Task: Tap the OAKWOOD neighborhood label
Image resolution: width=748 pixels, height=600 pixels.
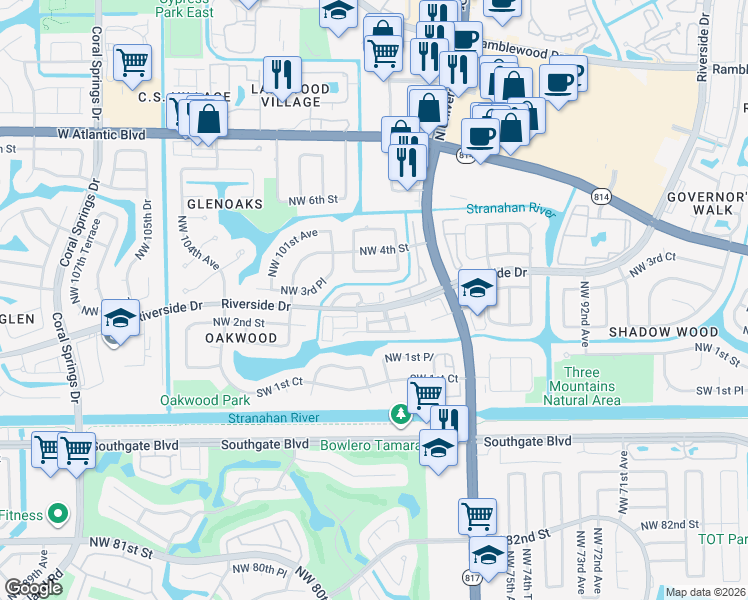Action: (241, 339)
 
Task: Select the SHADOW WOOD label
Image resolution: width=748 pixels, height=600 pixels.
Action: (663, 332)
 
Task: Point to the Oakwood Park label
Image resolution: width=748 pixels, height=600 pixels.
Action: (204, 400)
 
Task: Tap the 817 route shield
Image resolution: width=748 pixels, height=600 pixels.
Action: (473, 577)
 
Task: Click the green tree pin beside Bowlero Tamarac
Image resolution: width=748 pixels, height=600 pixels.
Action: (399, 414)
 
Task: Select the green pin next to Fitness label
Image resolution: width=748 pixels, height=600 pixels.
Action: (58, 515)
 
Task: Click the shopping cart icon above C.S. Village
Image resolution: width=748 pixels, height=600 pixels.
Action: (132, 62)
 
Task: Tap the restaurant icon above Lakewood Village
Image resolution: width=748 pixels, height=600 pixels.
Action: (282, 73)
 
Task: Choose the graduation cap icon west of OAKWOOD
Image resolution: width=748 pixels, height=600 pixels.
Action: (120, 319)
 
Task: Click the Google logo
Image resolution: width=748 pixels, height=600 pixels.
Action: (33, 588)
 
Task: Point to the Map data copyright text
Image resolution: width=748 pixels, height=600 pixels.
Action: (706, 592)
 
